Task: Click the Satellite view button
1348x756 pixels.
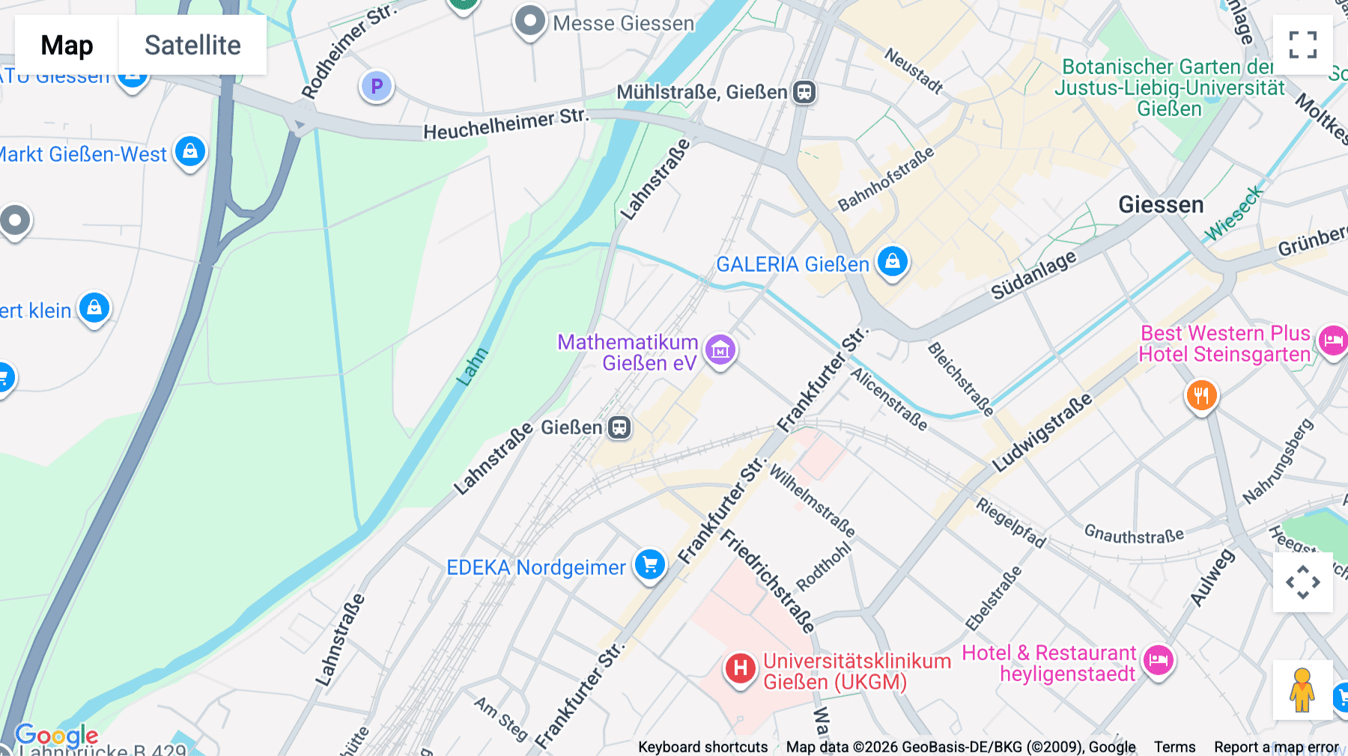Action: click(x=192, y=45)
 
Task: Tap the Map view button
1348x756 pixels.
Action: click(x=67, y=45)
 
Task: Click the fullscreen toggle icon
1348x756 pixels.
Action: click(x=1302, y=45)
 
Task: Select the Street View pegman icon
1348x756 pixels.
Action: click(x=1302, y=689)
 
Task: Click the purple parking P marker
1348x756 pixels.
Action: click(x=377, y=87)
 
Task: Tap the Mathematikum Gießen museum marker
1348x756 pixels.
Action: click(x=720, y=350)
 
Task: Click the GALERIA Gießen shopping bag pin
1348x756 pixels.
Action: click(x=892, y=262)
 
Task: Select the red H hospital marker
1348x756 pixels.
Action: click(x=740, y=668)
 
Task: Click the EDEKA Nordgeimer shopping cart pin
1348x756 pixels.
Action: click(x=649, y=564)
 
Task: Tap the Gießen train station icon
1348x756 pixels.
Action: click(x=619, y=427)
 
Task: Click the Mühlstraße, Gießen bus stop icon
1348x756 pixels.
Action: click(x=804, y=92)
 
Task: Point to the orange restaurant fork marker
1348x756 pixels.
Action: click(x=1201, y=394)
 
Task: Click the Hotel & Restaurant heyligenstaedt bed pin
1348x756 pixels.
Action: click(x=1159, y=660)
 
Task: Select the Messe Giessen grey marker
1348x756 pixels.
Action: click(x=530, y=22)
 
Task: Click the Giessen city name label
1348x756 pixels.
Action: click(x=1161, y=204)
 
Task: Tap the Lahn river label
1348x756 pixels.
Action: click(x=473, y=367)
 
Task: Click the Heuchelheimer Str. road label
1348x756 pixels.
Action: click(x=506, y=124)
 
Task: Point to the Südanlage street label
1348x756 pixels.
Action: click(x=1033, y=275)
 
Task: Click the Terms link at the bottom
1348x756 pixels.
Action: click(x=1174, y=747)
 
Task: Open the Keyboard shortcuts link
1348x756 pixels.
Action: click(x=702, y=747)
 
